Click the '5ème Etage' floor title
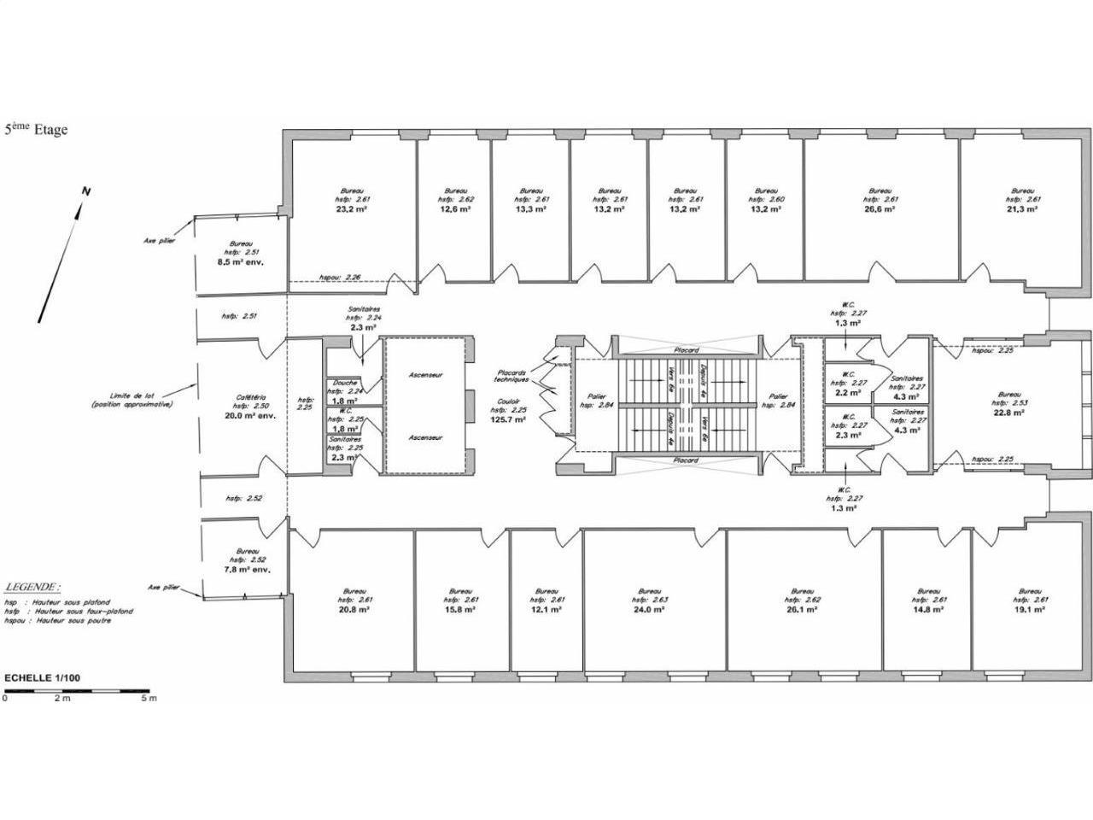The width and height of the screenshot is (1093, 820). pos(36,130)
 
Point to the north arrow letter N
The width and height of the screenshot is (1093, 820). pos(85,192)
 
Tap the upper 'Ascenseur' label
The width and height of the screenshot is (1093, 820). pos(425,376)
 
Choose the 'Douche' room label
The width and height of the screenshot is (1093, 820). pos(345,383)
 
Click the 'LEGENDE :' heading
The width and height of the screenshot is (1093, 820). pos(32,588)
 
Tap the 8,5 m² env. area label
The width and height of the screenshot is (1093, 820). pos(241,262)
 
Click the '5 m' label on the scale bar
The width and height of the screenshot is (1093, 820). pos(149,699)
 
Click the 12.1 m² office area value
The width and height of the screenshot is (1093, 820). pos(546,610)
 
